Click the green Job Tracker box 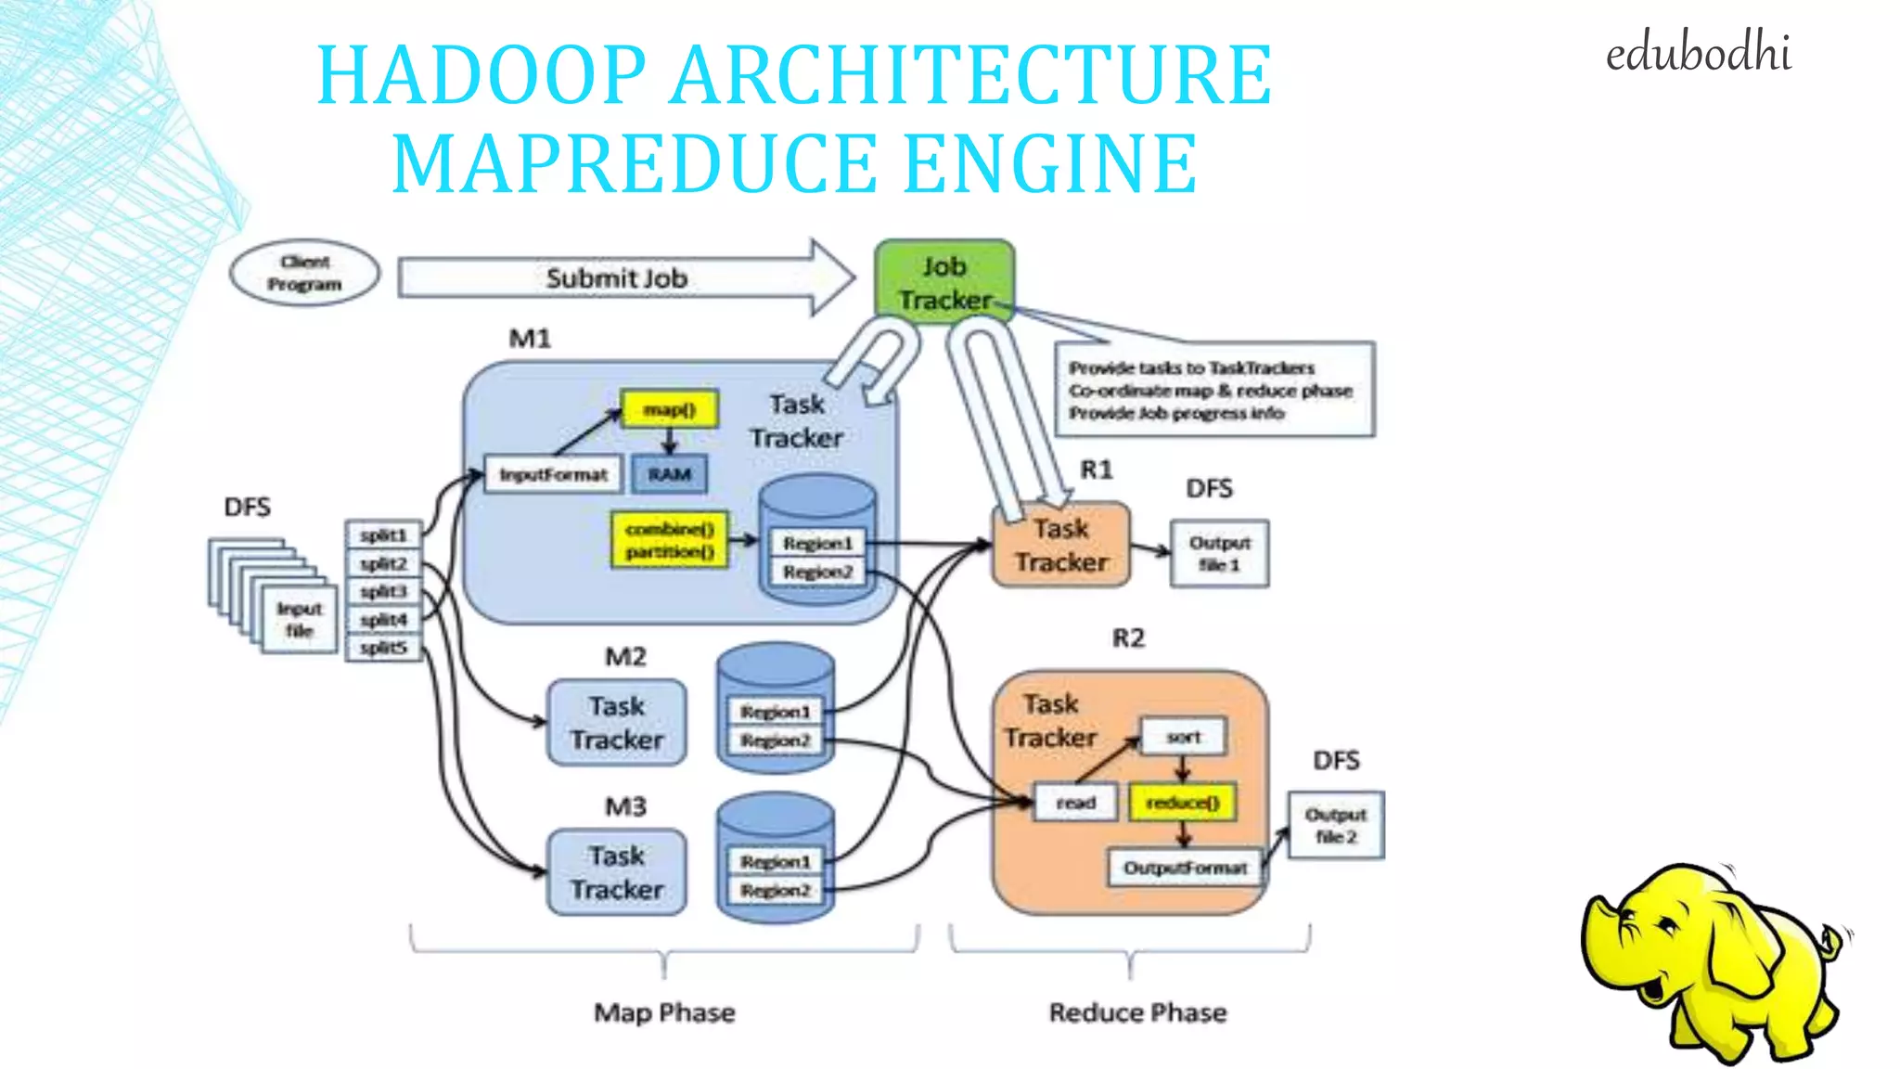tap(944, 282)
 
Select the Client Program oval tap(304, 274)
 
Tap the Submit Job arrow tap(616, 278)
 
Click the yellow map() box tap(669, 409)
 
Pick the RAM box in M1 tap(669, 474)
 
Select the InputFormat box tap(553, 474)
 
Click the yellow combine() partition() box tap(669, 540)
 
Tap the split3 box tap(383, 591)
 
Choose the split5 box tap(383, 648)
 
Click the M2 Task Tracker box tap(617, 723)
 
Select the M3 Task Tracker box tap(617, 872)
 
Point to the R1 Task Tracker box tap(1061, 546)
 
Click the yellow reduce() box tap(1183, 803)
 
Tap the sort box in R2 tap(1183, 737)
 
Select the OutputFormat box tap(1185, 868)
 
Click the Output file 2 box tap(1335, 825)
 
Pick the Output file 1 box tap(1219, 553)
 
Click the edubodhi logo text tap(1698, 54)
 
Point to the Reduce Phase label tap(1137, 1012)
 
